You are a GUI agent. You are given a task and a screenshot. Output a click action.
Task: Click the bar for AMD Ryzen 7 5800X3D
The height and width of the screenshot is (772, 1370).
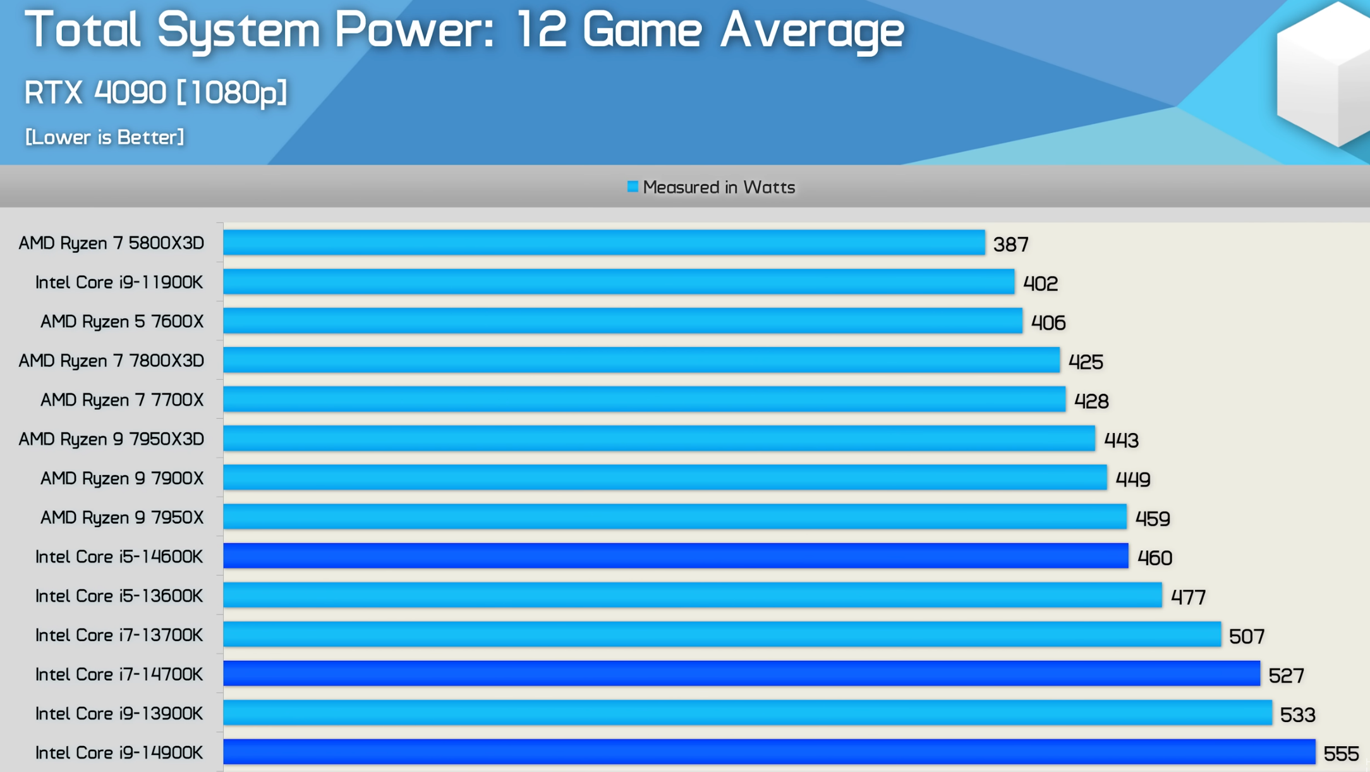pos(603,243)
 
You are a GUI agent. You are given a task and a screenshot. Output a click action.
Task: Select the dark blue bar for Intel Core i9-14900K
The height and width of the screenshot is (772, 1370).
pos(768,752)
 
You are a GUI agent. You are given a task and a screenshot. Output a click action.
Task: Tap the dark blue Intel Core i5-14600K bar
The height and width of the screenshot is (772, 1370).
pos(675,556)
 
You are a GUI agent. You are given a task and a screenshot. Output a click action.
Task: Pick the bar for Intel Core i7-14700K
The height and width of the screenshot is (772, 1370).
pos(741,674)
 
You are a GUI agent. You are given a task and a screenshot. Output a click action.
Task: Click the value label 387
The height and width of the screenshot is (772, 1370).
pos(1010,245)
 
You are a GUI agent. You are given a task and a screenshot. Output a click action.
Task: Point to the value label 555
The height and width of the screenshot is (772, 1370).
pos(1340,754)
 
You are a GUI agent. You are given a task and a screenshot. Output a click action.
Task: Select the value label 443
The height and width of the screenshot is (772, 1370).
pos(1120,440)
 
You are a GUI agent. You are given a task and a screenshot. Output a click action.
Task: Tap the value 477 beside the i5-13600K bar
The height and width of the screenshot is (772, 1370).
pos(1188,597)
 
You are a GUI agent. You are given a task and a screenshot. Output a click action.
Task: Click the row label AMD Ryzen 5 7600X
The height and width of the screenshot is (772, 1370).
pos(122,322)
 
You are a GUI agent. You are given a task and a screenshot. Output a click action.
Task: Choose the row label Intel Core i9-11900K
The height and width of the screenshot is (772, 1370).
pos(119,283)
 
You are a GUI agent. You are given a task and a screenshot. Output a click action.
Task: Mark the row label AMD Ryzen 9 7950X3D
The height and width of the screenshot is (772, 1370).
pos(111,439)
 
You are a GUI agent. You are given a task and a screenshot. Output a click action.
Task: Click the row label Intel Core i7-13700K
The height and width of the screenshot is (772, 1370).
pos(119,635)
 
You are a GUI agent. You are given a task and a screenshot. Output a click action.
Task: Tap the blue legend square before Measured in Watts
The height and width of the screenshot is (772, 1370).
pos(632,187)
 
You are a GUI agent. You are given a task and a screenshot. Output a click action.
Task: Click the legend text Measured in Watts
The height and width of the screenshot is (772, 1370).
pos(718,188)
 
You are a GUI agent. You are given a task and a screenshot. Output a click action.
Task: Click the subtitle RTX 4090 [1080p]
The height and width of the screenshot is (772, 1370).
pos(155,93)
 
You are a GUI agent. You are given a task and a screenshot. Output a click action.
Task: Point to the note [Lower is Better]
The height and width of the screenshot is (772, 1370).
pos(104,137)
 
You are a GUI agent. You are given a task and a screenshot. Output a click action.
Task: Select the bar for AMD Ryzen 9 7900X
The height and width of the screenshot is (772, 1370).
pos(664,478)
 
